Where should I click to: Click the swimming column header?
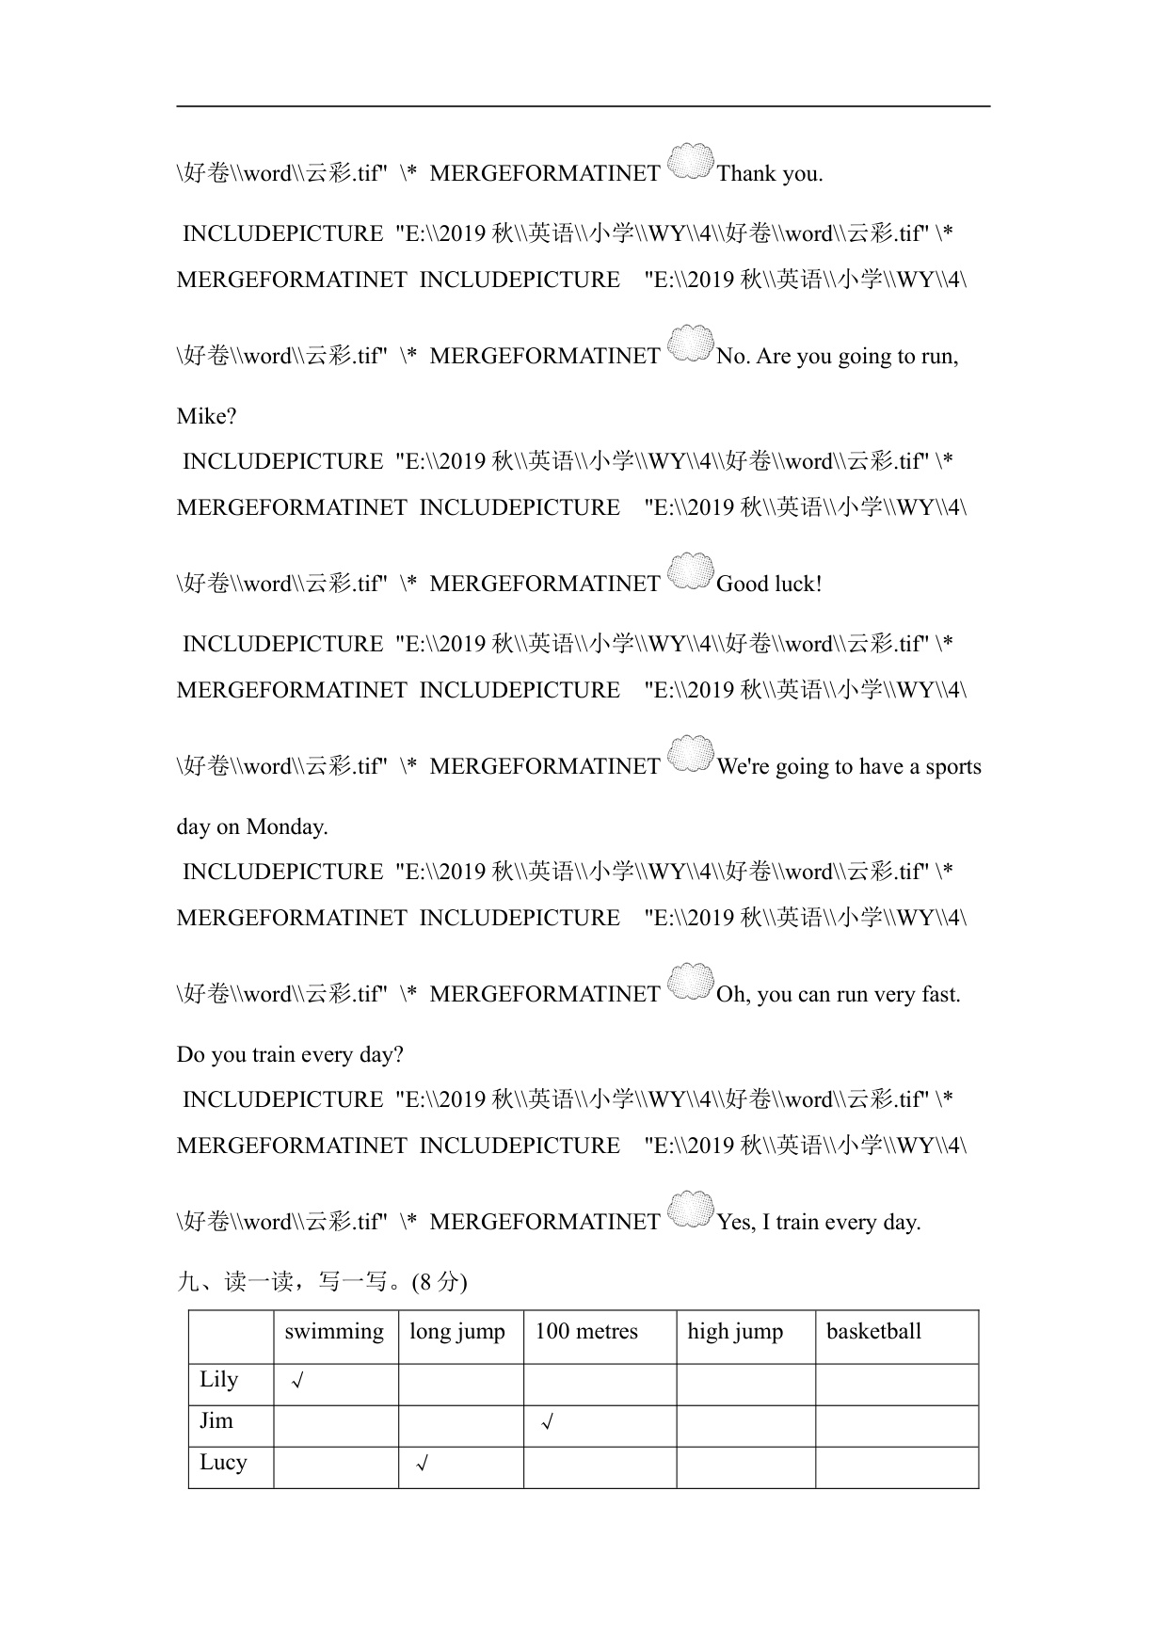[334, 1332]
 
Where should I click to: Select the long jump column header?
[457, 1332]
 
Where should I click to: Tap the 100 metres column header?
[586, 1332]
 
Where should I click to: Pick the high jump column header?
[735, 1332]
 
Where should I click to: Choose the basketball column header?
[873, 1332]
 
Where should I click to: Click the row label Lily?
[219, 1380]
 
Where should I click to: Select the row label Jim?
[216, 1421]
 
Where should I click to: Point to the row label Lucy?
[223, 1463]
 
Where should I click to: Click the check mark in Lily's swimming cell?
[297, 1382]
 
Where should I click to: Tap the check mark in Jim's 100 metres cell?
[547, 1423]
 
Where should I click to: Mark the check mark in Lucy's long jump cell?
[423, 1465]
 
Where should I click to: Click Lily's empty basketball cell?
[896, 1385]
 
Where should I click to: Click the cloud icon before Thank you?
[691, 162]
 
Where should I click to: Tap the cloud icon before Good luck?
[691, 571]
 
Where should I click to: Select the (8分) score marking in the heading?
[434, 1282]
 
